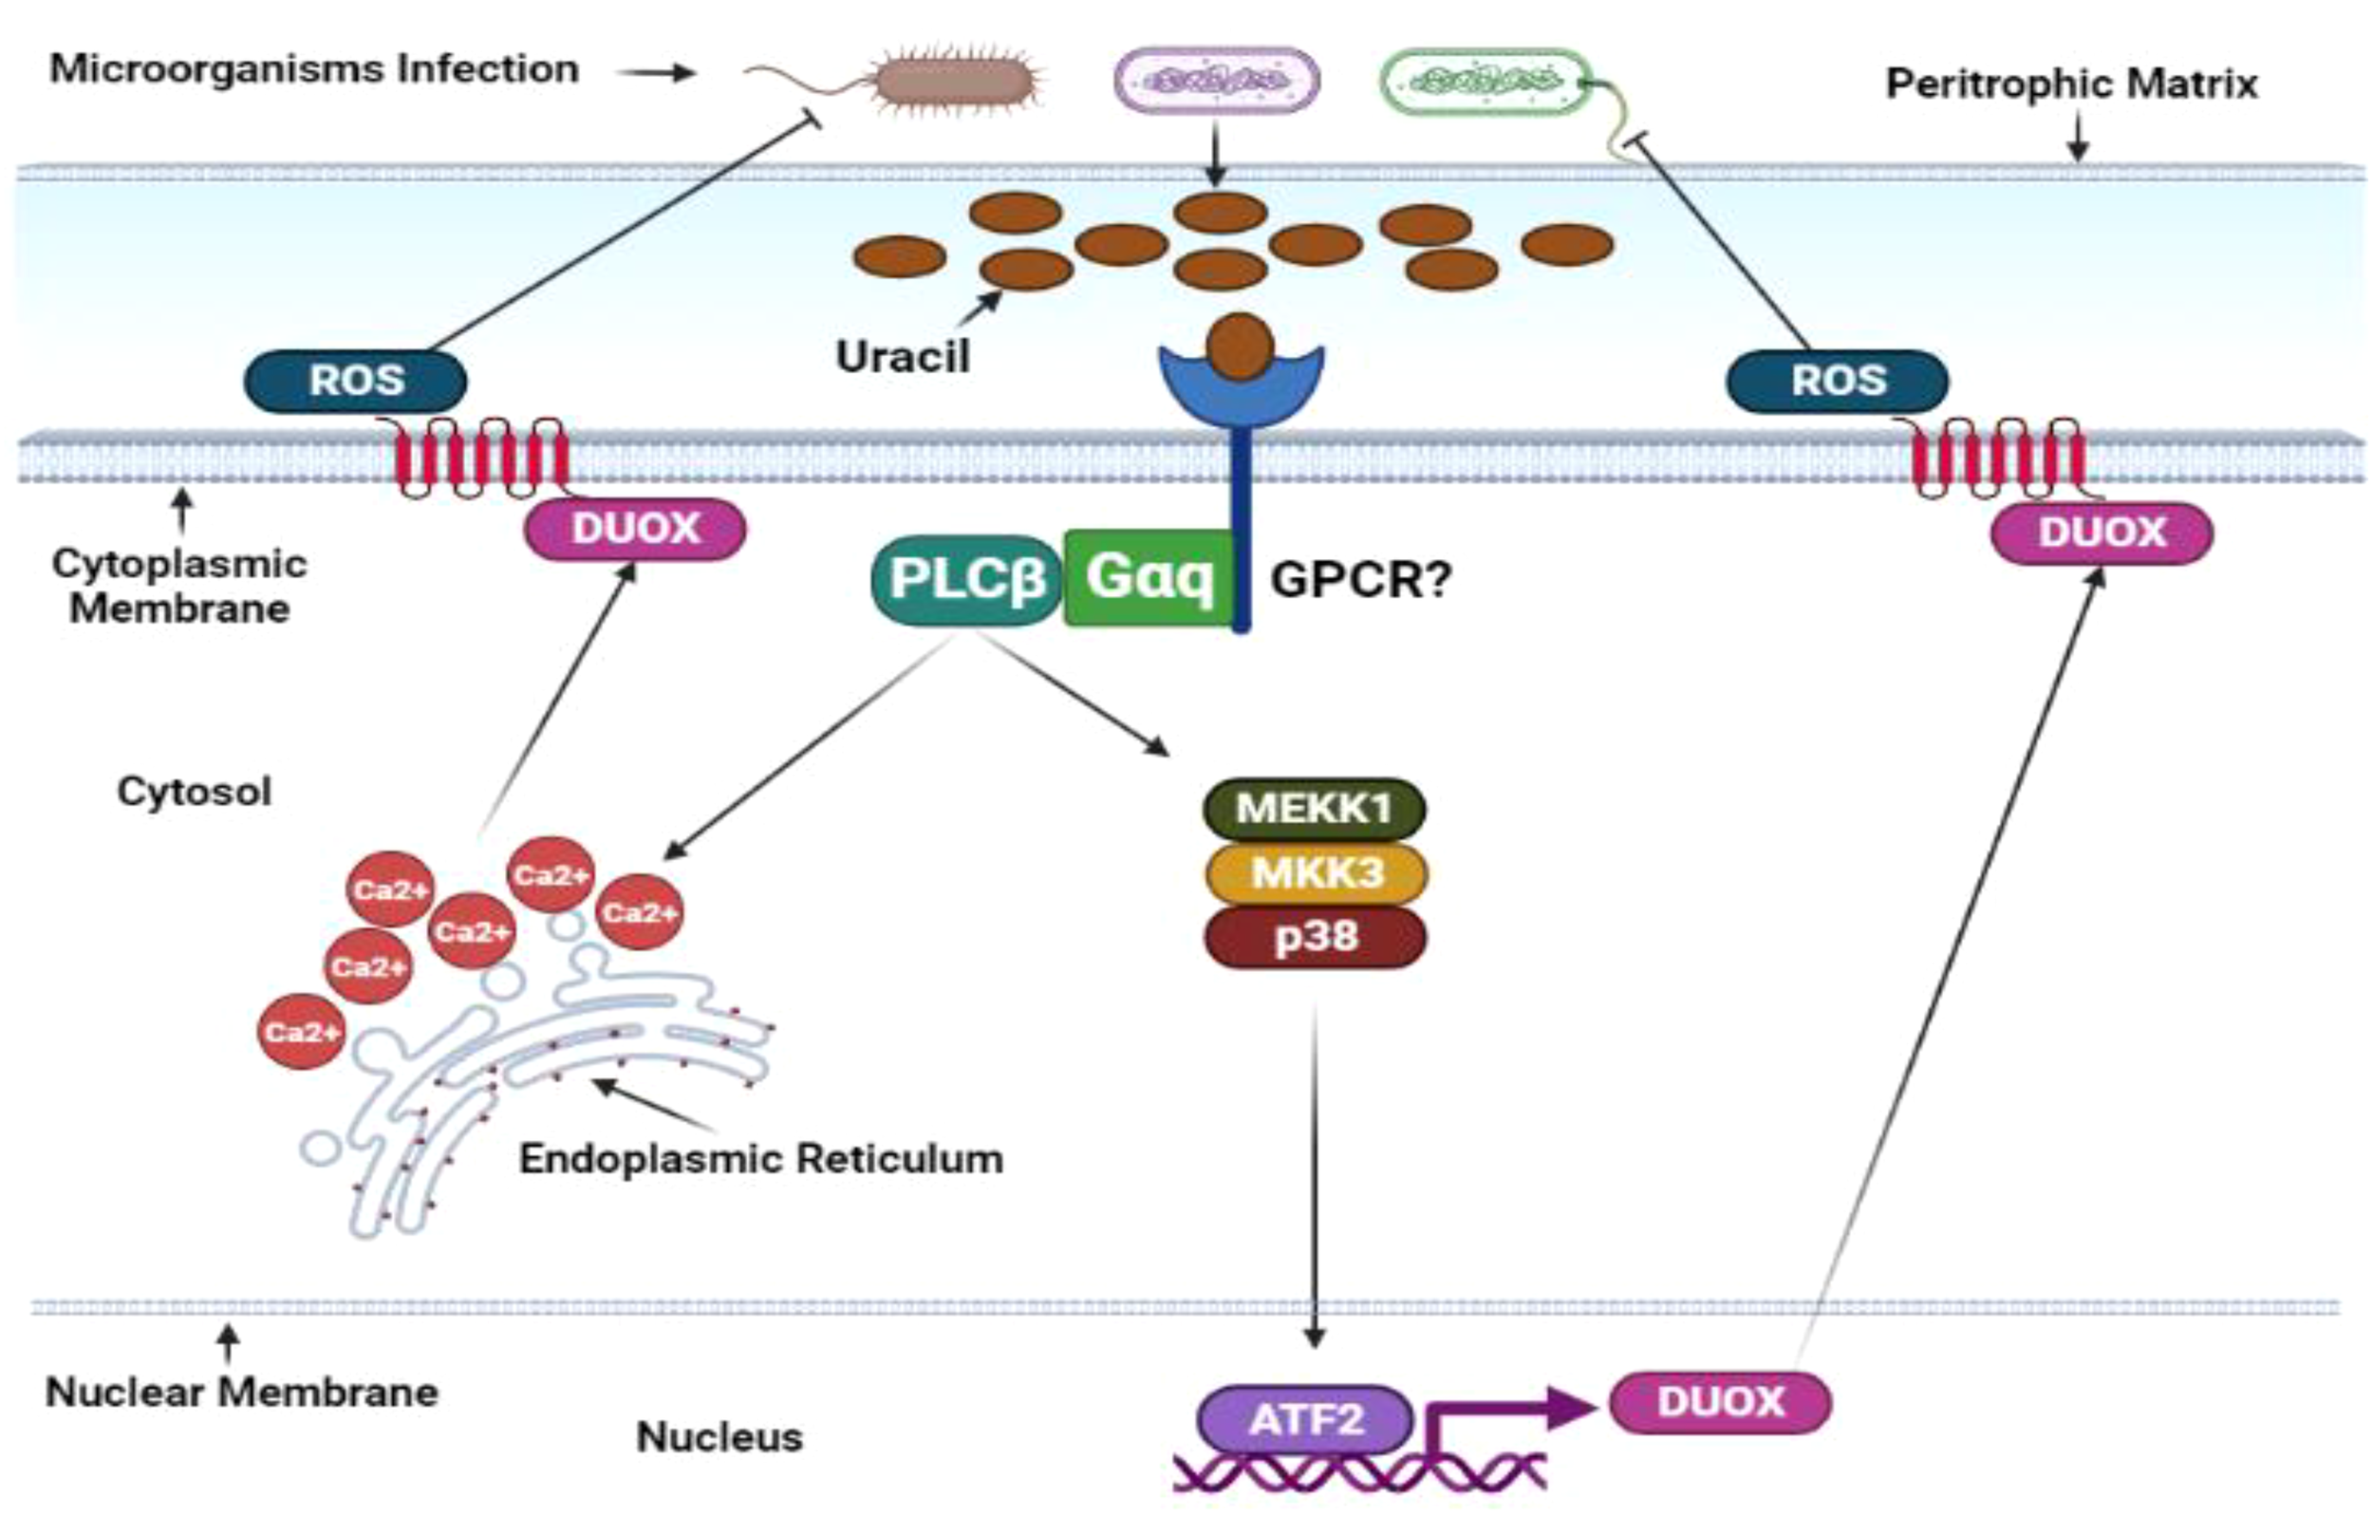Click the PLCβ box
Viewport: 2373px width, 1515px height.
pyautogui.click(x=965, y=580)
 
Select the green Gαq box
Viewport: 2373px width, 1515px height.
pyautogui.click(x=1149, y=577)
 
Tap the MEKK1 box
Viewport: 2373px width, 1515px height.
pyautogui.click(x=1314, y=808)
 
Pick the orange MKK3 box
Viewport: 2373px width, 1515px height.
pyautogui.click(x=1316, y=873)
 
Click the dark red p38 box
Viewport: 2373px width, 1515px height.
pyautogui.click(x=1316, y=936)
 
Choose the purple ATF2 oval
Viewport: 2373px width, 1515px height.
pyautogui.click(x=1305, y=1419)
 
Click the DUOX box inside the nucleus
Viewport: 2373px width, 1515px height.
pyautogui.click(x=1720, y=1402)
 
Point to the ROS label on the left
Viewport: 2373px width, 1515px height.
pyautogui.click(x=356, y=381)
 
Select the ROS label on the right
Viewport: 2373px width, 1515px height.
pyautogui.click(x=1838, y=381)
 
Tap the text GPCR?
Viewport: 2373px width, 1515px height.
pyautogui.click(x=1361, y=580)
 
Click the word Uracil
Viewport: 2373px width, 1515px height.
pyautogui.click(x=903, y=356)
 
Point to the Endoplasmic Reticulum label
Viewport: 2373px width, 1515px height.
pyautogui.click(x=760, y=1158)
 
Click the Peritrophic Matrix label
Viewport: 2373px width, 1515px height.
pyautogui.click(x=2071, y=84)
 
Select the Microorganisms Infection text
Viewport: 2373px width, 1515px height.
pyautogui.click(x=314, y=69)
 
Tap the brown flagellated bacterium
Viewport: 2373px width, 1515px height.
pyautogui.click(x=952, y=81)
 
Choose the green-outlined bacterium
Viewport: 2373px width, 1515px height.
pyautogui.click(x=1485, y=82)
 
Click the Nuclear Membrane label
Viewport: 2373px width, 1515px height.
pyautogui.click(x=241, y=1392)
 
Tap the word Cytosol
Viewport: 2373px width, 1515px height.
pyautogui.click(x=195, y=792)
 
